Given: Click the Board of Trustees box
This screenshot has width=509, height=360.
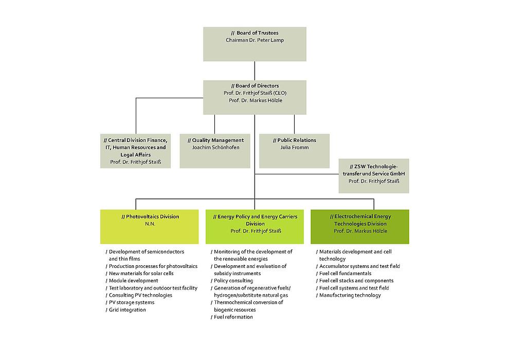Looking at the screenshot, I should click(x=254, y=44).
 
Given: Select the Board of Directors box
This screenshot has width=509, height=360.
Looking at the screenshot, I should click(x=254, y=97).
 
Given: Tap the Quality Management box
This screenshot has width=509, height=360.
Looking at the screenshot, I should click(x=215, y=151).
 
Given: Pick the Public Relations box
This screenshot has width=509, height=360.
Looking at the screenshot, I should click(x=294, y=151).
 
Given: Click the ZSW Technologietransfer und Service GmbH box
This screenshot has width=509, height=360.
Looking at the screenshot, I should click(x=374, y=176).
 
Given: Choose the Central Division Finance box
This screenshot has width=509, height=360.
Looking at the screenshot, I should click(x=136, y=151).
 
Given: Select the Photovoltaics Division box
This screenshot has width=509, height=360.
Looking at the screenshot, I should click(x=149, y=226).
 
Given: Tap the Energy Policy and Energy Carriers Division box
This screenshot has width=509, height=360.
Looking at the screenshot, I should click(x=254, y=226).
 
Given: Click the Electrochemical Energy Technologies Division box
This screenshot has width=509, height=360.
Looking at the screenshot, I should click(x=360, y=226).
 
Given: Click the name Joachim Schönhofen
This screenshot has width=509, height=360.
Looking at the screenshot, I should click(x=215, y=148).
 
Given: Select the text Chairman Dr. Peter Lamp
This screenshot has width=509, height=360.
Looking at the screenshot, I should click(x=254, y=40).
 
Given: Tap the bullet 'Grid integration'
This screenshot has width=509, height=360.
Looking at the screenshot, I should click(x=127, y=310).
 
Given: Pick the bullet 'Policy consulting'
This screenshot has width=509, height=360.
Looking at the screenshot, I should click(x=233, y=281).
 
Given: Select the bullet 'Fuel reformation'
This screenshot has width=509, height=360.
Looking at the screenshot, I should click(x=233, y=317).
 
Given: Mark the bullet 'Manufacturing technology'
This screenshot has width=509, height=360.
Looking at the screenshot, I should click(x=350, y=296).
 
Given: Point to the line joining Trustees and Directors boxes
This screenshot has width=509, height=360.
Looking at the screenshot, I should click(x=254, y=70).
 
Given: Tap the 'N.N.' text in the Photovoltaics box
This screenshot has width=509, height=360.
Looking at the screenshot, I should click(x=150, y=224).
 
